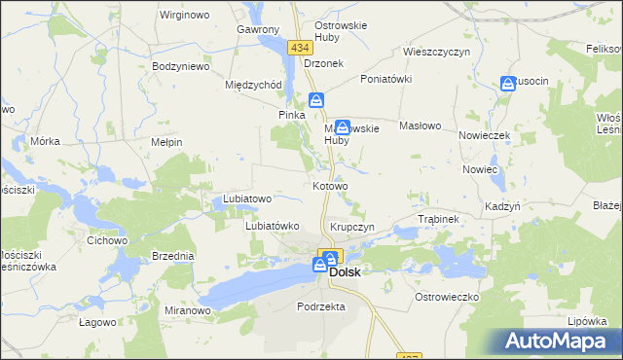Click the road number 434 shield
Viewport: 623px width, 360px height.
pyautogui.click(x=298, y=47)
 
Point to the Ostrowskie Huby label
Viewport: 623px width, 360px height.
pyautogui.click(x=338, y=32)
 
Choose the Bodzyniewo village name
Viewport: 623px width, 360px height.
pyautogui.click(x=182, y=67)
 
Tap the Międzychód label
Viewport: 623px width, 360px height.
pyautogui.click(x=253, y=85)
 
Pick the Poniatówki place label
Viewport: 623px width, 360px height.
pyautogui.click(x=387, y=79)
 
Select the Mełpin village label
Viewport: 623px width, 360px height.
pyautogui.click(x=167, y=142)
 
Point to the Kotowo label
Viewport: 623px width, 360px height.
pyautogui.click(x=330, y=186)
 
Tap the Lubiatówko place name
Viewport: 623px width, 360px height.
pyautogui.click(x=271, y=226)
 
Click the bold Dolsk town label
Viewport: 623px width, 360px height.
pyautogui.click(x=345, y=273)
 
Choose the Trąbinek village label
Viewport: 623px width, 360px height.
pyautogui.click(x=437, y=220)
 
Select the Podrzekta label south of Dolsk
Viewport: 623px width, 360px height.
pyautogui.click(x=321, y=306)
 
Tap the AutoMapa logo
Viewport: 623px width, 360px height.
pyautogui.click(x=559, y=341)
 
